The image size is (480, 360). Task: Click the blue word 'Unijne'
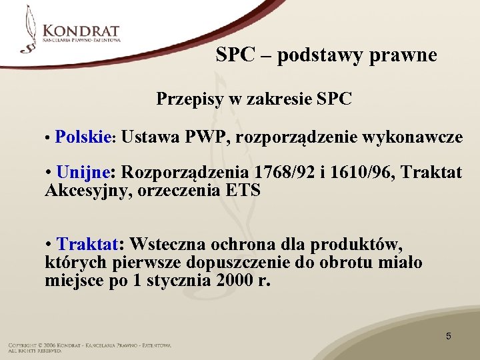pyautogui.click(x=85, y=173)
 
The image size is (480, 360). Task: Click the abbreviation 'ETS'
pyautogui.click(x=243, y=191)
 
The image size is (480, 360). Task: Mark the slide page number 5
pyautogui.click(x=448, y=336)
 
